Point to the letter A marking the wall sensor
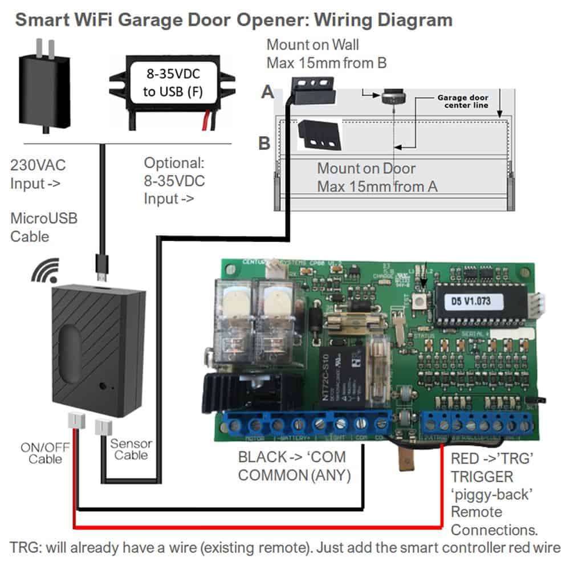(x=267, y=92)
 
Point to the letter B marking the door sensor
(x=264, y=142)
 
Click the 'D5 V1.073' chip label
(x=474, y=299)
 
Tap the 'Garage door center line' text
(x=462, y=101)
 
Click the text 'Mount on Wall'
(x=313, y=44)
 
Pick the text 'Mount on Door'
(x=367, y=168)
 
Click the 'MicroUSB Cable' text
(x=43, y=227)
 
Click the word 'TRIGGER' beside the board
(x=482, y=476)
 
